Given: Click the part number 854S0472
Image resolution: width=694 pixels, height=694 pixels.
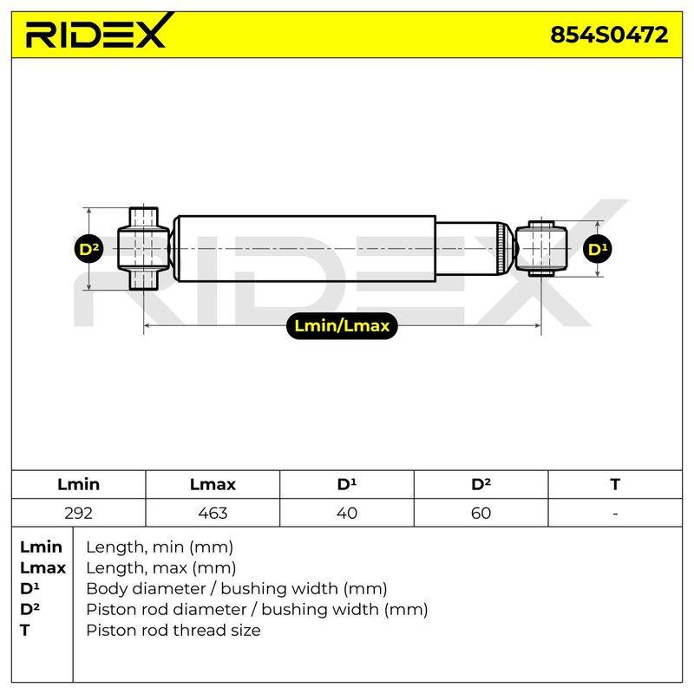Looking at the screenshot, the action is [x=609, y=35].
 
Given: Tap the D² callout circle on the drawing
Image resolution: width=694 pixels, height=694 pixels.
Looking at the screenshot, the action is [x=89, y=249].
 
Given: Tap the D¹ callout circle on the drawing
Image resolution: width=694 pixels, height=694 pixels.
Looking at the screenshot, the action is [x=598, y=249].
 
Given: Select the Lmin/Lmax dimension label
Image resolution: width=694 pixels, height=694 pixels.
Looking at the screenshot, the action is [x=342, y=326].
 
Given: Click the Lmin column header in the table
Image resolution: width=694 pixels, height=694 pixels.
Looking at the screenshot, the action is [x=78, y=484].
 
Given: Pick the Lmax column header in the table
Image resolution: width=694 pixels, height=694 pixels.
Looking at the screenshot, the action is [x=213, y=484].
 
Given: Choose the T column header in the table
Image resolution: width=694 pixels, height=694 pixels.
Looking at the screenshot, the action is [x=615, y=484].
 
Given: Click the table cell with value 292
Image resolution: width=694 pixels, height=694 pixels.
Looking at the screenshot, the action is [x=78, y=513].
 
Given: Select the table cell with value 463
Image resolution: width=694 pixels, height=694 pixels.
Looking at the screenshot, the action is [x=213, y=513].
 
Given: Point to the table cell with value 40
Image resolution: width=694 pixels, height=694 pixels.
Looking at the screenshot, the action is [x=346, y=513].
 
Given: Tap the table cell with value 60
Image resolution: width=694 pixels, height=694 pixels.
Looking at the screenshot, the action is [x=481, y=513].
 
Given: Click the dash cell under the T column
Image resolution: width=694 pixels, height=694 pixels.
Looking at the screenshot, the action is [x=615, y=513].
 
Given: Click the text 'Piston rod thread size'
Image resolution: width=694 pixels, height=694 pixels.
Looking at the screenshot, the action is [x=173, y=630].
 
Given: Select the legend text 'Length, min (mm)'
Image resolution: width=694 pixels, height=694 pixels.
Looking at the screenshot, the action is [x=160, y=547].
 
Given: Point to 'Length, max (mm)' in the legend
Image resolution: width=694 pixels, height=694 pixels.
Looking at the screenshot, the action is [x=160, y=568].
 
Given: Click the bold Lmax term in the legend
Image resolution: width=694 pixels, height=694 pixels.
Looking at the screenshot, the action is [x=43, y=568].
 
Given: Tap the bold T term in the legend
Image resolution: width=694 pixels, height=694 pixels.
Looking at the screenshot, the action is [x=25, y=630].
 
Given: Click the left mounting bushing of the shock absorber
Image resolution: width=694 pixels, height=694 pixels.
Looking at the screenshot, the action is [x=144, y=248].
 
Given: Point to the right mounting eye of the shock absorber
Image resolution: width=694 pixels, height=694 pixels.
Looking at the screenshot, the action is [x=541, y=248].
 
